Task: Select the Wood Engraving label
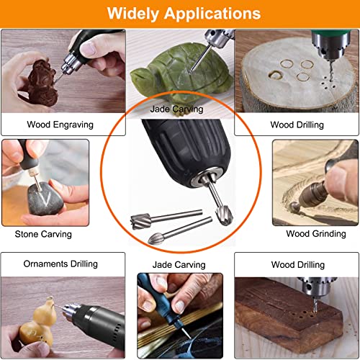(60, 125)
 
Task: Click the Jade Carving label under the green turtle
(176, 109)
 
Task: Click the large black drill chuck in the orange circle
(173, 155)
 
